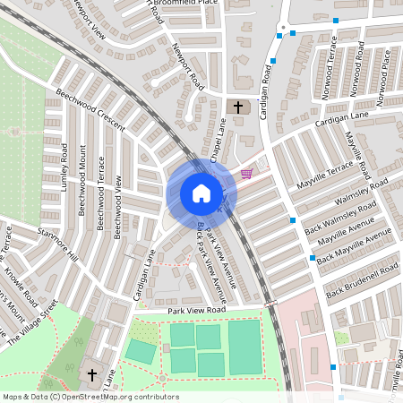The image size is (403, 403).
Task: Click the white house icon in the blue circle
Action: pos(201,193)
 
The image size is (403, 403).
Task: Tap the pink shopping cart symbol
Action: pos(246,173)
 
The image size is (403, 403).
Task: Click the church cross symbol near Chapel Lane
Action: pos(238,107)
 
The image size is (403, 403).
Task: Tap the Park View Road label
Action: pos(197,310)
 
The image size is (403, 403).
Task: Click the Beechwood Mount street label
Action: pos(83,184)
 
